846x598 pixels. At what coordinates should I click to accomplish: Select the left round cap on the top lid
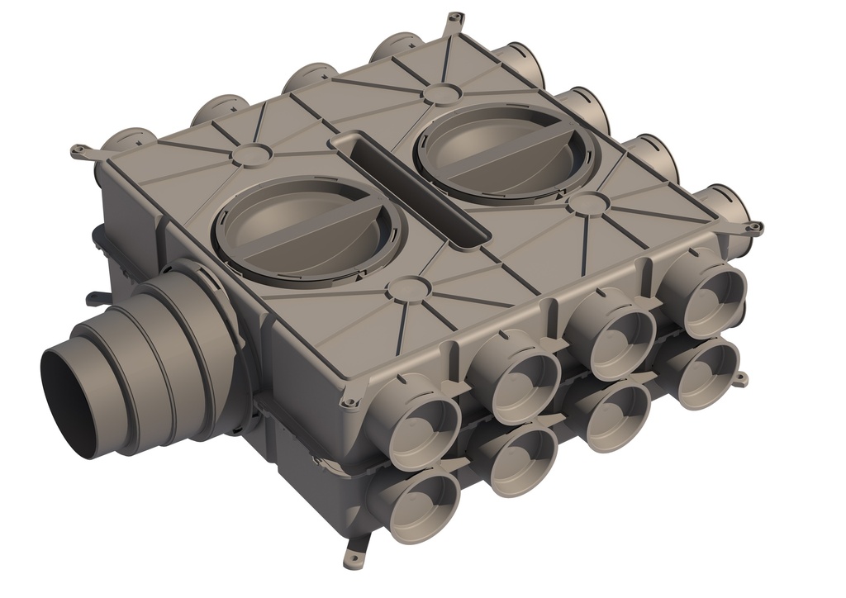point(307,228)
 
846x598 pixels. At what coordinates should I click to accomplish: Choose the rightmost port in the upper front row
point(708,293)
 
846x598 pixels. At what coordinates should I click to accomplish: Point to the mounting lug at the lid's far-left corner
point(80,151)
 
